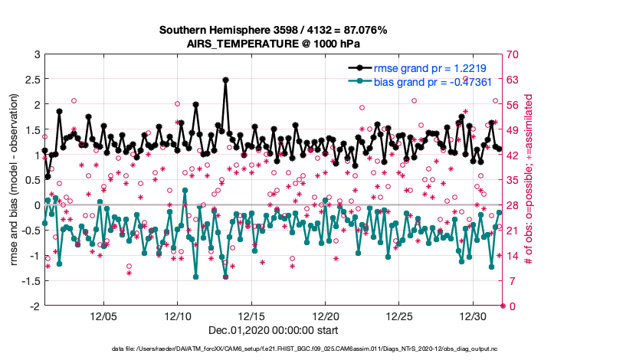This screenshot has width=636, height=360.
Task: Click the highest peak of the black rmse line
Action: [225, 79]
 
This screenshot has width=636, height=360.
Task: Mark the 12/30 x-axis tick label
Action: [473, 316]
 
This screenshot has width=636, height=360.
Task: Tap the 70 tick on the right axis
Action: [513, 55]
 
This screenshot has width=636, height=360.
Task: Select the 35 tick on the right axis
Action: [513, 181]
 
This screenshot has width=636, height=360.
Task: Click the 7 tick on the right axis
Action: [511, 281]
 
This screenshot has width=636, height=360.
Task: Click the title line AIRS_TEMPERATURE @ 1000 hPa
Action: [274, 44]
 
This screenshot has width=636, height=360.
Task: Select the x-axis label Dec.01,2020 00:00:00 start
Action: [274, 330]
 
